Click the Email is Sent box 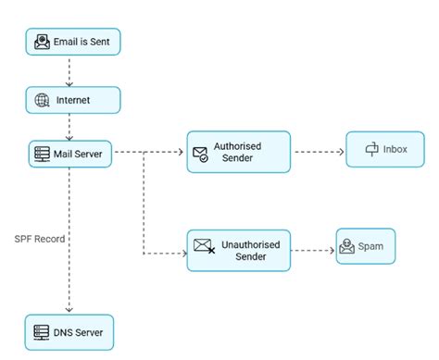coord(72,42)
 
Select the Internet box coord(72,100)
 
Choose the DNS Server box coord(69,331)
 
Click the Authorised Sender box coord(238,152)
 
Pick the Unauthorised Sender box coord(238,250)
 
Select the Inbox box coord(384,149)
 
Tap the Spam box coord(365,246)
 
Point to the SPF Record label coord(39,238)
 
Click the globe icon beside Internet coord(41,100)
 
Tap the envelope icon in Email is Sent coord(42,42)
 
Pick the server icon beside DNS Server coord(40,331)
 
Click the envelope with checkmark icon coord(201,154)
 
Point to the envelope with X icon coord(204,246)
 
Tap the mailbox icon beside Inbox coord(372,149)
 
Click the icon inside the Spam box coord(347,246)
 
